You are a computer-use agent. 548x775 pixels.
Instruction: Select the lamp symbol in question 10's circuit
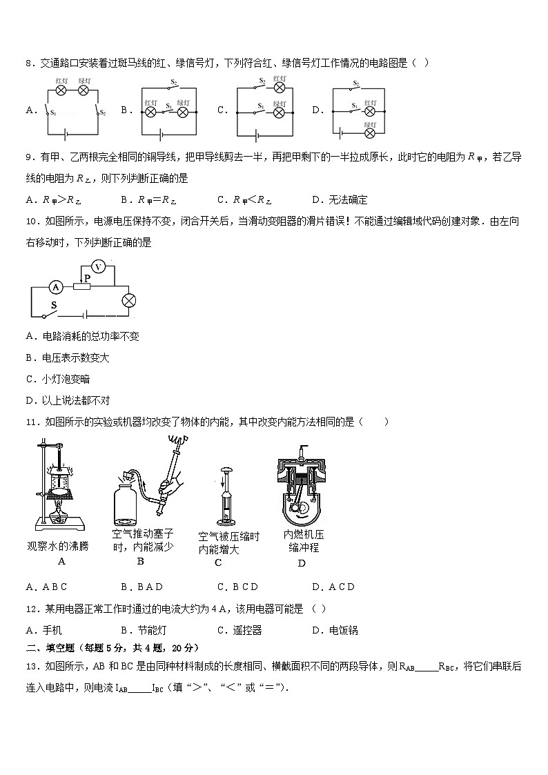pyautogui.click(x=128, y=300)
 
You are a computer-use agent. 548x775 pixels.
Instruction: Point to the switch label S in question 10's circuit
pyautogui.click(x=53, y=304)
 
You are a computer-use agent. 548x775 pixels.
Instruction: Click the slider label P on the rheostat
pyautogui.click(x=87, y=277)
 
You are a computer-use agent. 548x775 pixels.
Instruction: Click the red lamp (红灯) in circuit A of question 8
pyautogui.click(x=61, y=90)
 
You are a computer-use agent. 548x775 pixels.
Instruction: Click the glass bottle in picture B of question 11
pyautogui.click(x=129, y=505)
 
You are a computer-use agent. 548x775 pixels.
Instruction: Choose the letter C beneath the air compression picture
pyautogui.click(x=218, y=562)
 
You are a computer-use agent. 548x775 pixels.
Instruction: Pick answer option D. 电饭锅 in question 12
pyautogui.click(x=334, y=630)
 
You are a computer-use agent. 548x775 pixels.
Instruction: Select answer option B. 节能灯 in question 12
pyautogui.click(x=143, y=630)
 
